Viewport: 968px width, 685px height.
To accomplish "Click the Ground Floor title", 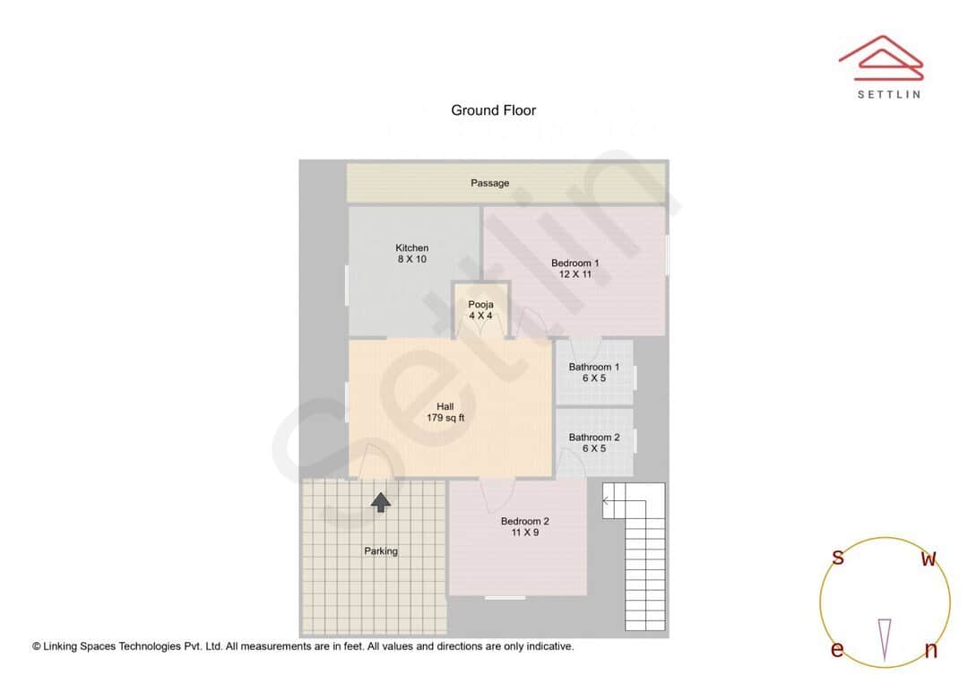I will [x=493, y=110].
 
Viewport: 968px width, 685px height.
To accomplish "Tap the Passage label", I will [x=489, y=183].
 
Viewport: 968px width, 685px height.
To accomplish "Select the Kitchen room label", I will [x=411, y=247].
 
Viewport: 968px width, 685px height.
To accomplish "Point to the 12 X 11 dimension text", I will [x=575, y=274].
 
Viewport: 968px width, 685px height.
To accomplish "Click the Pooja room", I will [x=480, y=310].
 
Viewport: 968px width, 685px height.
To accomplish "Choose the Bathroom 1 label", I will [x=593, y=367].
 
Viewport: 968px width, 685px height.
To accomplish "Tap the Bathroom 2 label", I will [x=593, y=438].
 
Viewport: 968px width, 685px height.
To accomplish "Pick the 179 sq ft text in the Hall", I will [x=445, y=418].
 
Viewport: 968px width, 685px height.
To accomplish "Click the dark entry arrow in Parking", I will [x=381, y=502].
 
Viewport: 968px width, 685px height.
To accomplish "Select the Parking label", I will [x=381, y=551].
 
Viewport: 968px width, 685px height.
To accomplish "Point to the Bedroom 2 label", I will [x=524, y=521].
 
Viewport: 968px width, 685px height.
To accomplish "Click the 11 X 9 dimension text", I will [x=524, y=533].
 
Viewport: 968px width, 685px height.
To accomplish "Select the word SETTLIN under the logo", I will [x=888, y=94].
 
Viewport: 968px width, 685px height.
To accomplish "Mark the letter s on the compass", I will [x=838, y=558].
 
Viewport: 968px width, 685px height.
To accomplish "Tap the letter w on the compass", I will [x=929, y=559].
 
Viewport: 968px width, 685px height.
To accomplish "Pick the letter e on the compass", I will [x=836, y=650].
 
